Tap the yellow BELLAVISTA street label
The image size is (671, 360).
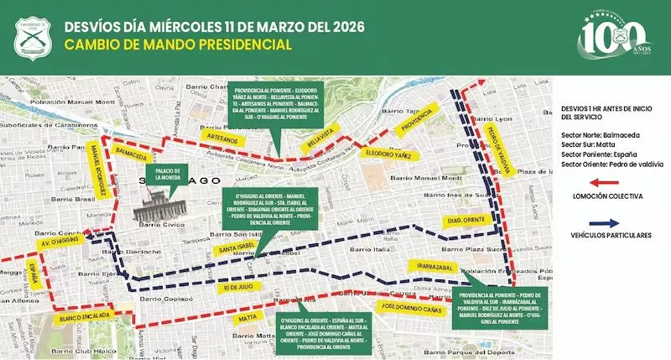[x=320, y=138]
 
